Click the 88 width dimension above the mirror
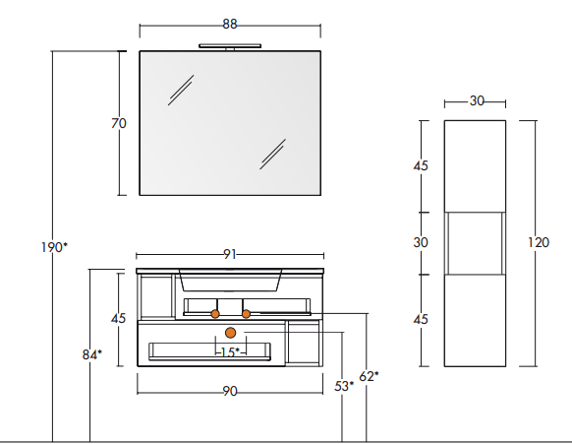click(230, 24)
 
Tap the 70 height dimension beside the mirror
click(119, 123)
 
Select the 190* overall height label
click(54, 247)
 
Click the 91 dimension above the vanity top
click(229, 254)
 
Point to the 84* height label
click(92, 354)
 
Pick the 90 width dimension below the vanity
click(230, 392)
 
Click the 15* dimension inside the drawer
click(230, 352)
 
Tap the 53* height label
click(344, 386)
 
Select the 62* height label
click(369, 376)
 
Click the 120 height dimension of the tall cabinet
click(539, 242)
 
